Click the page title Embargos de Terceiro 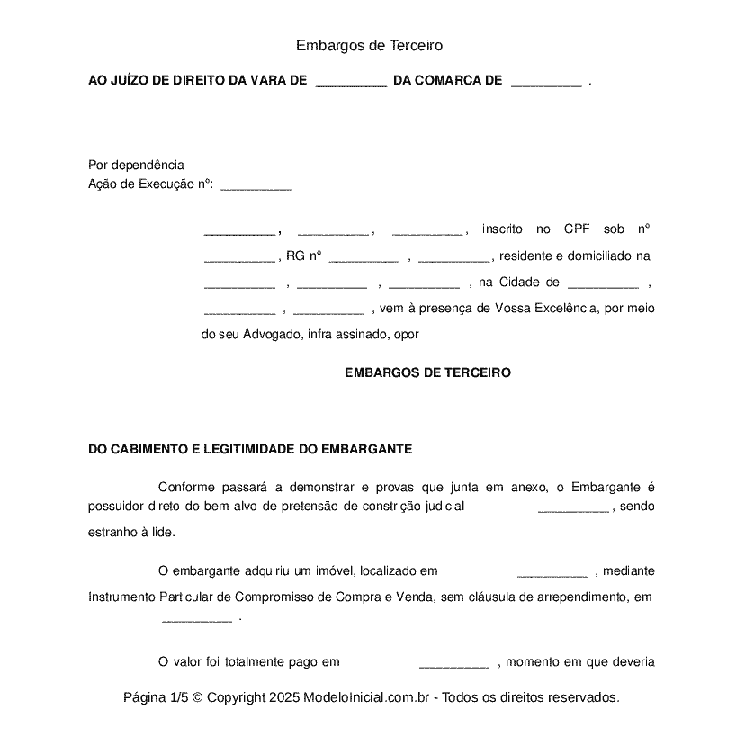(x=369, y=45)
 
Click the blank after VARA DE (x=351, y=82)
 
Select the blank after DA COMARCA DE (x=545, y=82)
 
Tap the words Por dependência (x=136, y=165)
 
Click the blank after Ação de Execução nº (x=256, y=186)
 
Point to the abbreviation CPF (x=577, y=229)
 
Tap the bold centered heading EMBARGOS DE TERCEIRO (x=427, y=372)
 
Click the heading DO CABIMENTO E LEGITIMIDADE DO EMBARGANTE (x=250, y=448)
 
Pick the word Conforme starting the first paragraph (x=187, y=487)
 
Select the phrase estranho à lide (x=131, y=531)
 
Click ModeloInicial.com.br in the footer (x=370, y=697)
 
